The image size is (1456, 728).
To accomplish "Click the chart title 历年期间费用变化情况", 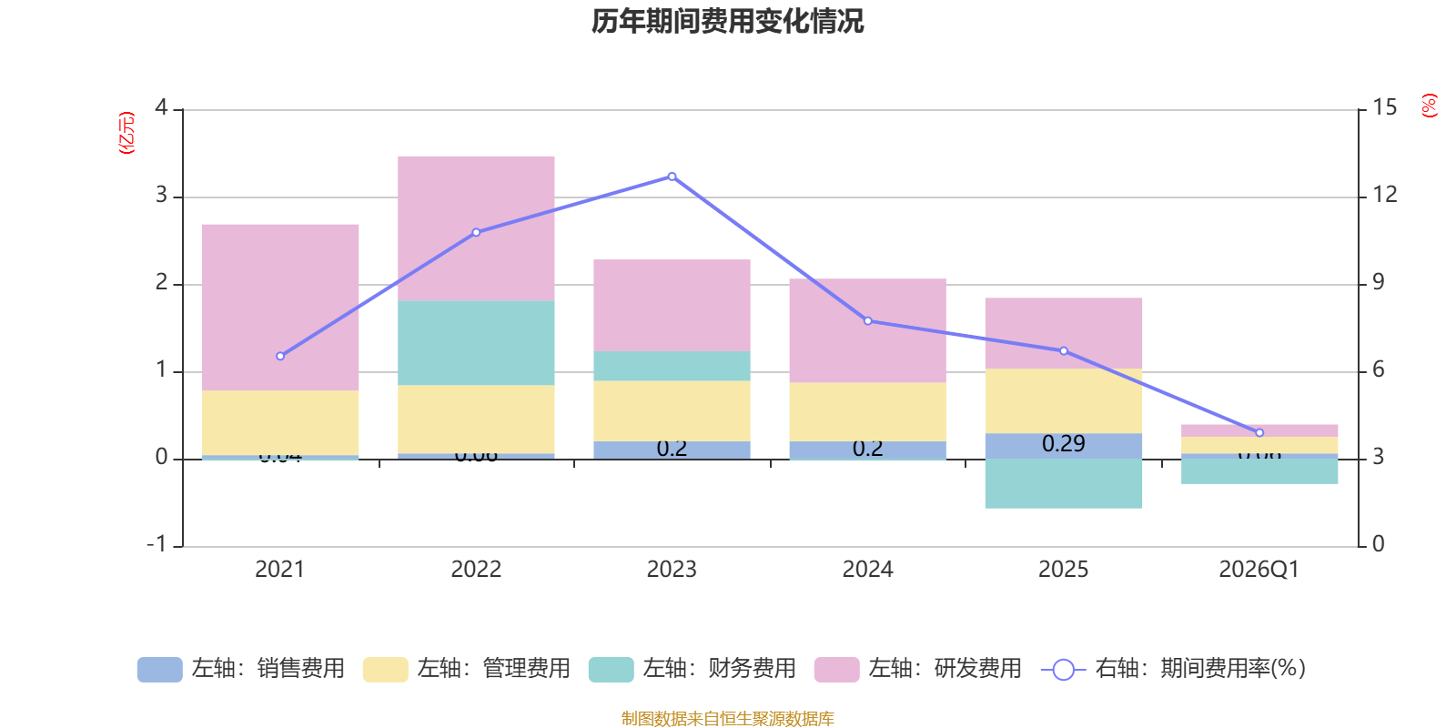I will [727, 21].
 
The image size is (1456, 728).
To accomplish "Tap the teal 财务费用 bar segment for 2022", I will [476, 342].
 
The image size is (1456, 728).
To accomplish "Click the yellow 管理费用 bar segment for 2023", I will [672, 410].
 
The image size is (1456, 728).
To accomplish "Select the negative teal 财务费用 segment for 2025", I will [1063, 483].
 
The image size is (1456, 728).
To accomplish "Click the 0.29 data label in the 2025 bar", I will [1063, 444].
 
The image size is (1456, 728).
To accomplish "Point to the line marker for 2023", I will [672, 177].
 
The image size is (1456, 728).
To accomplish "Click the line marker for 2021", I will [280, 356].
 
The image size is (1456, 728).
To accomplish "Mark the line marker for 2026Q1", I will [1259, 432].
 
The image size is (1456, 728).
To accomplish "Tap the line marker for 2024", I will [867, 320].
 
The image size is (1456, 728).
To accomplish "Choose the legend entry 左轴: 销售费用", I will [241, 669].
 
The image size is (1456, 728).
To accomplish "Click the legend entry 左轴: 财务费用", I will [693, 669].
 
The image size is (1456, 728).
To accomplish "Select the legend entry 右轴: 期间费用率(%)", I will [1174, 669].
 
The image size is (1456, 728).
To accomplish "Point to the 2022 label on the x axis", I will [476, 570].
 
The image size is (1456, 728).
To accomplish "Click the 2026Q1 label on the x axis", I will [1259, 570].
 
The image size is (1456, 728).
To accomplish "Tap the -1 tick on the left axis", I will [158, 543].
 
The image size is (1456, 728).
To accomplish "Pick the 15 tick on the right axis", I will [1384, 108].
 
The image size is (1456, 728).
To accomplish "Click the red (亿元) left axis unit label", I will [126, 133].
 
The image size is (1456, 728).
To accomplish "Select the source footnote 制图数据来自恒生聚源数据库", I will [727, 719].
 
